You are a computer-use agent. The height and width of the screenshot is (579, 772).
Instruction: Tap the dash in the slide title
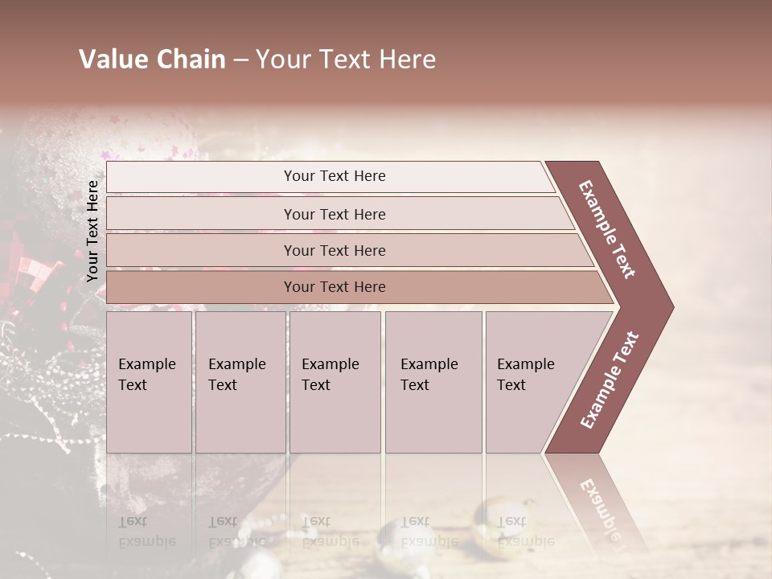pos(240,60)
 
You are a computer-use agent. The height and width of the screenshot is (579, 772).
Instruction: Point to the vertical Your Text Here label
pos(92,232)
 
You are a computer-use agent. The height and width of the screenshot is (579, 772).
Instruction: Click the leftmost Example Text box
pos(149,382)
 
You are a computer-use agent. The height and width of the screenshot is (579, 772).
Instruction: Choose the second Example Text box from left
pos(240,382)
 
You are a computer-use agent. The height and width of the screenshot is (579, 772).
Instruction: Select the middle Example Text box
pos(335,382)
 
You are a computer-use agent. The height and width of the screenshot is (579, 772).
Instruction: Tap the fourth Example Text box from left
pos(433,382)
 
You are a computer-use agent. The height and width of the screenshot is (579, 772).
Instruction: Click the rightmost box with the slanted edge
pos(535,382)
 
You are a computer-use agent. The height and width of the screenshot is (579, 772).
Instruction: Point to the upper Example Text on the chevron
pos(608,229)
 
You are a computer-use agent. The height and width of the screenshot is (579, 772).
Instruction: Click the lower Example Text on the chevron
pos(610,380)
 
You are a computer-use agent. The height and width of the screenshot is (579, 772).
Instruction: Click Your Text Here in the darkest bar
pos(335,287)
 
